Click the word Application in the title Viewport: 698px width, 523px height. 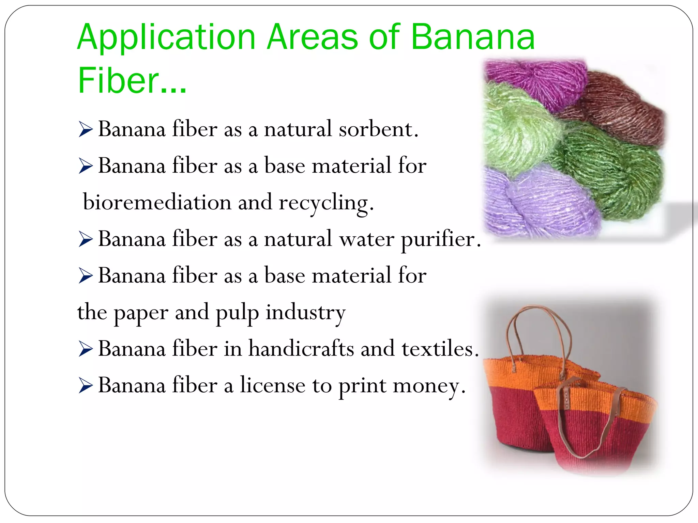[x=166, y=37]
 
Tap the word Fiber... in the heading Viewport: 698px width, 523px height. [x=132, y=81]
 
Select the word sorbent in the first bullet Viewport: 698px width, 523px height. [x=378, y=129]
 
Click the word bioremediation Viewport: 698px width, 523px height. [x=157, y=202]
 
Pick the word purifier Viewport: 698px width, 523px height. [x=441, y=239]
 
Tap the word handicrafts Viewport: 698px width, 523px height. [x=301, y=349]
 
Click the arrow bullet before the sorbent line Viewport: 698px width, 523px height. [x=86, y=130]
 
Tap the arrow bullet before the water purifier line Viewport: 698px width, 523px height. [x=86, y=239]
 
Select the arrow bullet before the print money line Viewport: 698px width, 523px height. [x=86, y=386]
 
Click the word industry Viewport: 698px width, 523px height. [x=305, y=313]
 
